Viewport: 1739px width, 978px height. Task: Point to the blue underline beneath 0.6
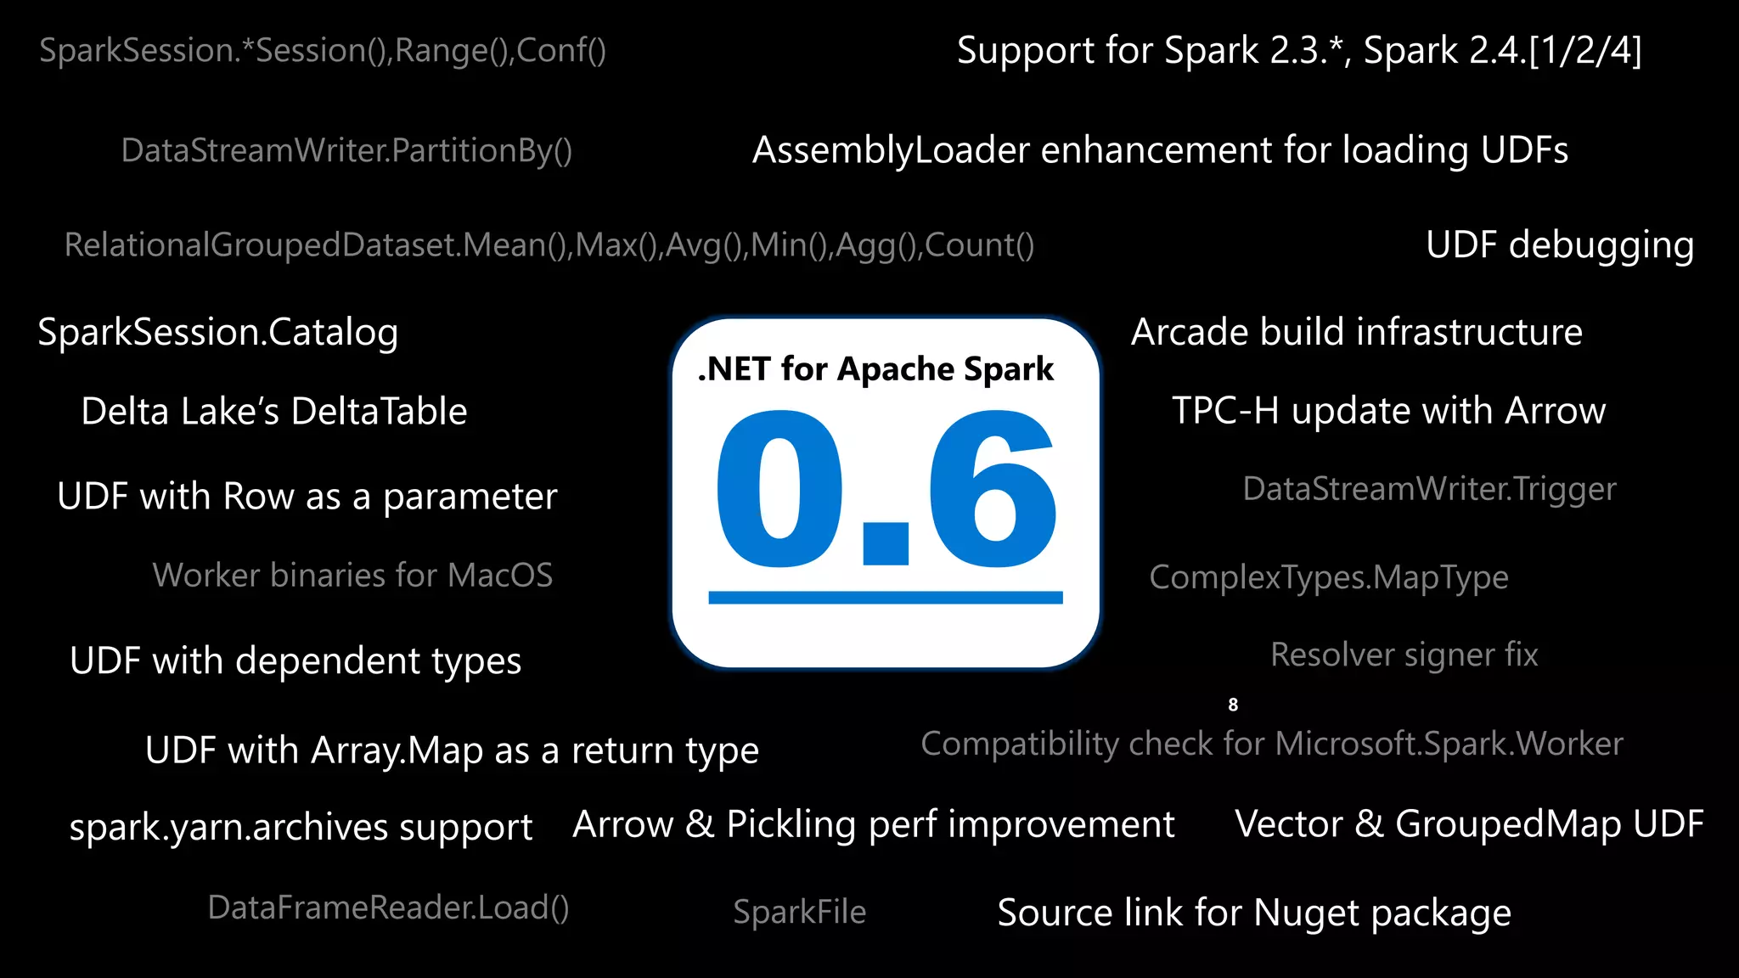pyautogui.click(x=885, y=598)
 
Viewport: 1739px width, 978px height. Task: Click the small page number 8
pyautogui.click(x=1233, y=705)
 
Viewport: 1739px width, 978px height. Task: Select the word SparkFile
pyautogui.click(x=799, y=912)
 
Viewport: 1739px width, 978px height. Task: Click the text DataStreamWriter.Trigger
pyautogui.click(x=1429, y=489)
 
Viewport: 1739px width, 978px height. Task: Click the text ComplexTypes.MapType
pyautogui.click(x=1328, y=577)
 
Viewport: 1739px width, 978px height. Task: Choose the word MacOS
pyautogui.click(x=500, y=576)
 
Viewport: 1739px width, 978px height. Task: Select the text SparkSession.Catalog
pyautogui.click(x=217, y=332)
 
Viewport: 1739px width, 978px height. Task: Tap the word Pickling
pyautogui.click(x=791, y=824)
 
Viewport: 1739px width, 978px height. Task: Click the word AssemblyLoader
pyautogui.click(x=892, y=150)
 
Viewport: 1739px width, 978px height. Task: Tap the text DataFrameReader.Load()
pyautogui.click(x=388, y=908)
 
